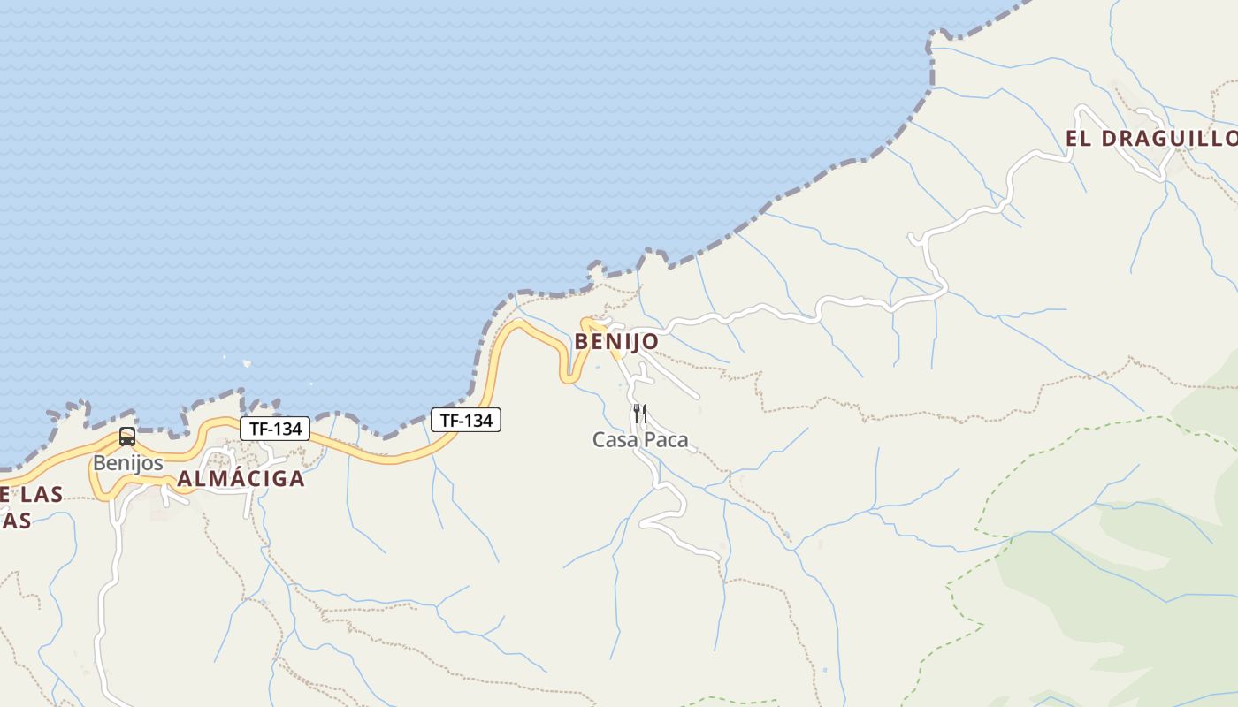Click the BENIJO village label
pyautogui.click(x=616, y=341)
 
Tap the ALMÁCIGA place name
pyautogui.click(x=241, y=479)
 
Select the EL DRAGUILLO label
pyautogui.click(x=1150, y=139)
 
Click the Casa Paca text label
pyautogui.click(x=639, y=439)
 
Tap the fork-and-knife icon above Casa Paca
pyautogui.click(x=640, y=413)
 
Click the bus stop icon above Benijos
pyautogui.click(x=127, y=436)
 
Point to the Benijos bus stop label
pyautogui.click(x=128, y=462)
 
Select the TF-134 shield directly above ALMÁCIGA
pyautogui.click(x=275, y=429)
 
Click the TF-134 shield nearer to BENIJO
pyautogui.click(x=466, y=420)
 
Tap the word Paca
pyautogui.click(x=666, y=439)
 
